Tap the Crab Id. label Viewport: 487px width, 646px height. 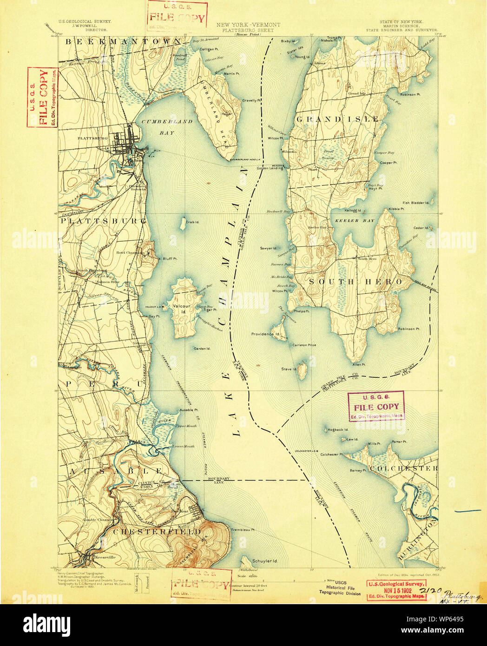(192, 222)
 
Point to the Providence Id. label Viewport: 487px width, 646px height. (265, 334)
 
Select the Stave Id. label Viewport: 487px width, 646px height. (288, 369)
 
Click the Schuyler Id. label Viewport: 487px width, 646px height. (265, 561)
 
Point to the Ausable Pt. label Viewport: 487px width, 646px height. (189, 410)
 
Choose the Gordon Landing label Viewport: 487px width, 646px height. (270, 168)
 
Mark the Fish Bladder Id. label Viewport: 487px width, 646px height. (418, 203)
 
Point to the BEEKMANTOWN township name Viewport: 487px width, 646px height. (122, 42)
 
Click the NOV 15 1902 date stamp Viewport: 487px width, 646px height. (396, 590)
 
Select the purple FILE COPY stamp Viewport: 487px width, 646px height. (376, 407)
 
